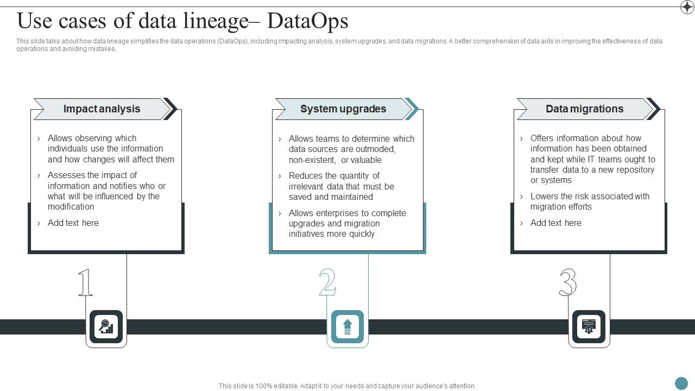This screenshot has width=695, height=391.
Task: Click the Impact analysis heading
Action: click(102, 109)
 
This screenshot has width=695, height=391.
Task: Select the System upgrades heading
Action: click(343, 109)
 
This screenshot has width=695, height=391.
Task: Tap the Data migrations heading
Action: click(584, 109)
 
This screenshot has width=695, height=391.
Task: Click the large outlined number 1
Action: click(85, 283)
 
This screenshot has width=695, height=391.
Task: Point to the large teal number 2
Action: click(327, 283)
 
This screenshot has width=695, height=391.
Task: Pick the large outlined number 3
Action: click(568, 283)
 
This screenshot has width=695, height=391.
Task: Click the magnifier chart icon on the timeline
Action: click(106, 327)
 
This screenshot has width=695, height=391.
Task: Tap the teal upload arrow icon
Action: click(347, 327)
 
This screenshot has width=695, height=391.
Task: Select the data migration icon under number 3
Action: click(589, 327)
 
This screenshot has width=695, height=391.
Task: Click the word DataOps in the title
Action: click(308, 21)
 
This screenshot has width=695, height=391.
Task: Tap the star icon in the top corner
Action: click(687, 7)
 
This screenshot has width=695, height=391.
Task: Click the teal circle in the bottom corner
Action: click(681, 383)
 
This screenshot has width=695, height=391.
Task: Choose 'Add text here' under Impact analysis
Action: click(73, 223)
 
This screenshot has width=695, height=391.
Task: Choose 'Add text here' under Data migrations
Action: click(556, 223)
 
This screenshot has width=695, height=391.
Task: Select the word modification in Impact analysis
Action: click(71, 207)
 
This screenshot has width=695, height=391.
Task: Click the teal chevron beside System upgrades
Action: click(412, 109)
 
